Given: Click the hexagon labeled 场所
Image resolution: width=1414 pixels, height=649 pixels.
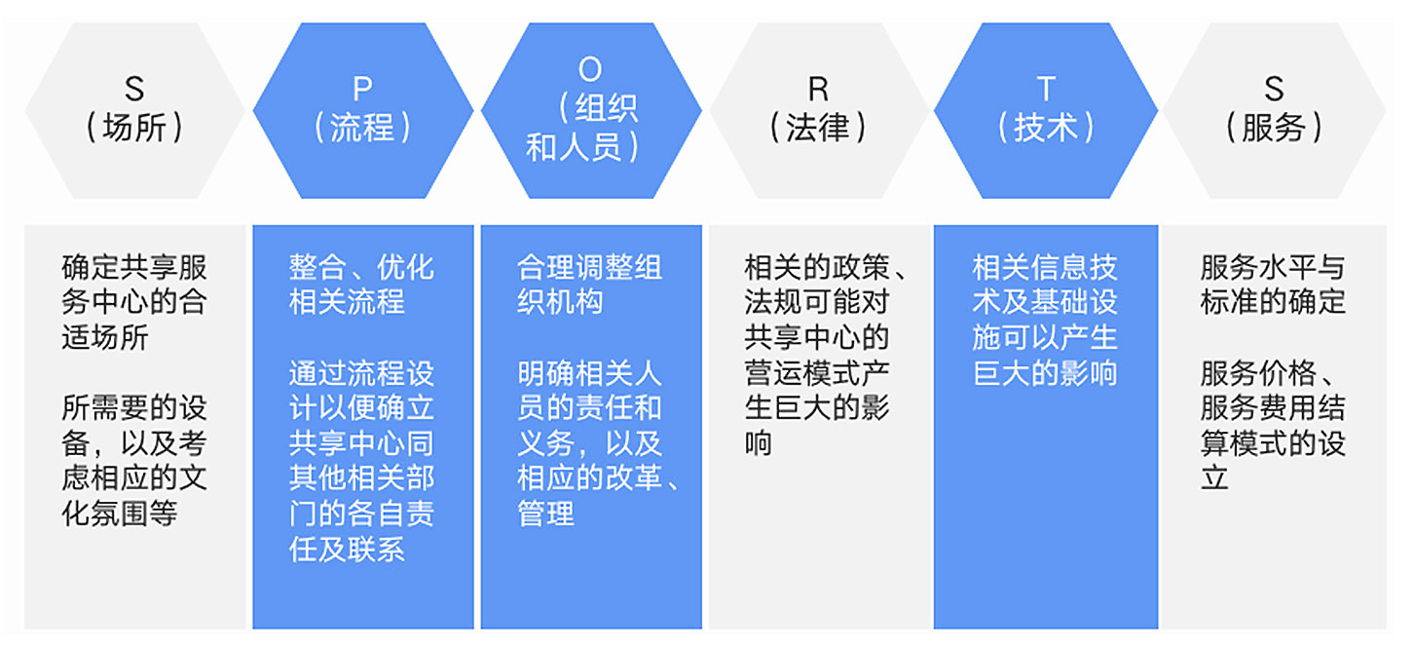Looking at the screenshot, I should coord(134,109).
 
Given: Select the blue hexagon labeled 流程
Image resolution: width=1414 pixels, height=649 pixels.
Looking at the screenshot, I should coord(362,109).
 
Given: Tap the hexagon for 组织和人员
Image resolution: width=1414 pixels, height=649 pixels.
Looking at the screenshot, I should coord(590,109).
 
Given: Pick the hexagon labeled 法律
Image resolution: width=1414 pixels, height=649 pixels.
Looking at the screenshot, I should coord(818,109).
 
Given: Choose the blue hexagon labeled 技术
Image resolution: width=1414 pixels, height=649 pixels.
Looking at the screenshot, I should coord(1046,109).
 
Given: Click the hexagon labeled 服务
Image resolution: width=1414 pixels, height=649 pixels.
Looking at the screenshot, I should coord(1274,109).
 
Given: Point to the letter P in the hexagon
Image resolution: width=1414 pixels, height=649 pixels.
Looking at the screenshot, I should coord(362,90).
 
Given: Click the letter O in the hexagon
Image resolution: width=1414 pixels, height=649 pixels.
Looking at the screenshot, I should coord(590,69).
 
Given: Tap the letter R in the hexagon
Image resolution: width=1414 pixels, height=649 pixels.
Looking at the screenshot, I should coord(818,90).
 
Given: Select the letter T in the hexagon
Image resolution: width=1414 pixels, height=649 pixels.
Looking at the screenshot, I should coord(1046,90).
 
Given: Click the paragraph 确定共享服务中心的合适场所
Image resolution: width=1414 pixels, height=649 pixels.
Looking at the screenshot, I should coord(134,302).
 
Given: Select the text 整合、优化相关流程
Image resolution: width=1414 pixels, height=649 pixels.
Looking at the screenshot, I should coord(361,285).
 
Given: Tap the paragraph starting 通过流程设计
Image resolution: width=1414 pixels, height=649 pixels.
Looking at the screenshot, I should coord(361,461).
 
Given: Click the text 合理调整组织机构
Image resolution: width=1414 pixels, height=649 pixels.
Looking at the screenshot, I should coord(589,285).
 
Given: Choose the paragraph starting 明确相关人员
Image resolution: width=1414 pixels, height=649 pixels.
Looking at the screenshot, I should coord(589,443).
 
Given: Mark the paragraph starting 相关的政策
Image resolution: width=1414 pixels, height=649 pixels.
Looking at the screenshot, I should coord(818,355).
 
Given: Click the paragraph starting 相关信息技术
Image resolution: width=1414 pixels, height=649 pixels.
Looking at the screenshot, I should coord(1045,320).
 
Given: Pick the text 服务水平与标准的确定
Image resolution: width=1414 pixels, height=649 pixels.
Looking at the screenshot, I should coord(1273,285).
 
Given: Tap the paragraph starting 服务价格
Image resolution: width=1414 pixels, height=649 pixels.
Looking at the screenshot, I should coord(1273,426).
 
